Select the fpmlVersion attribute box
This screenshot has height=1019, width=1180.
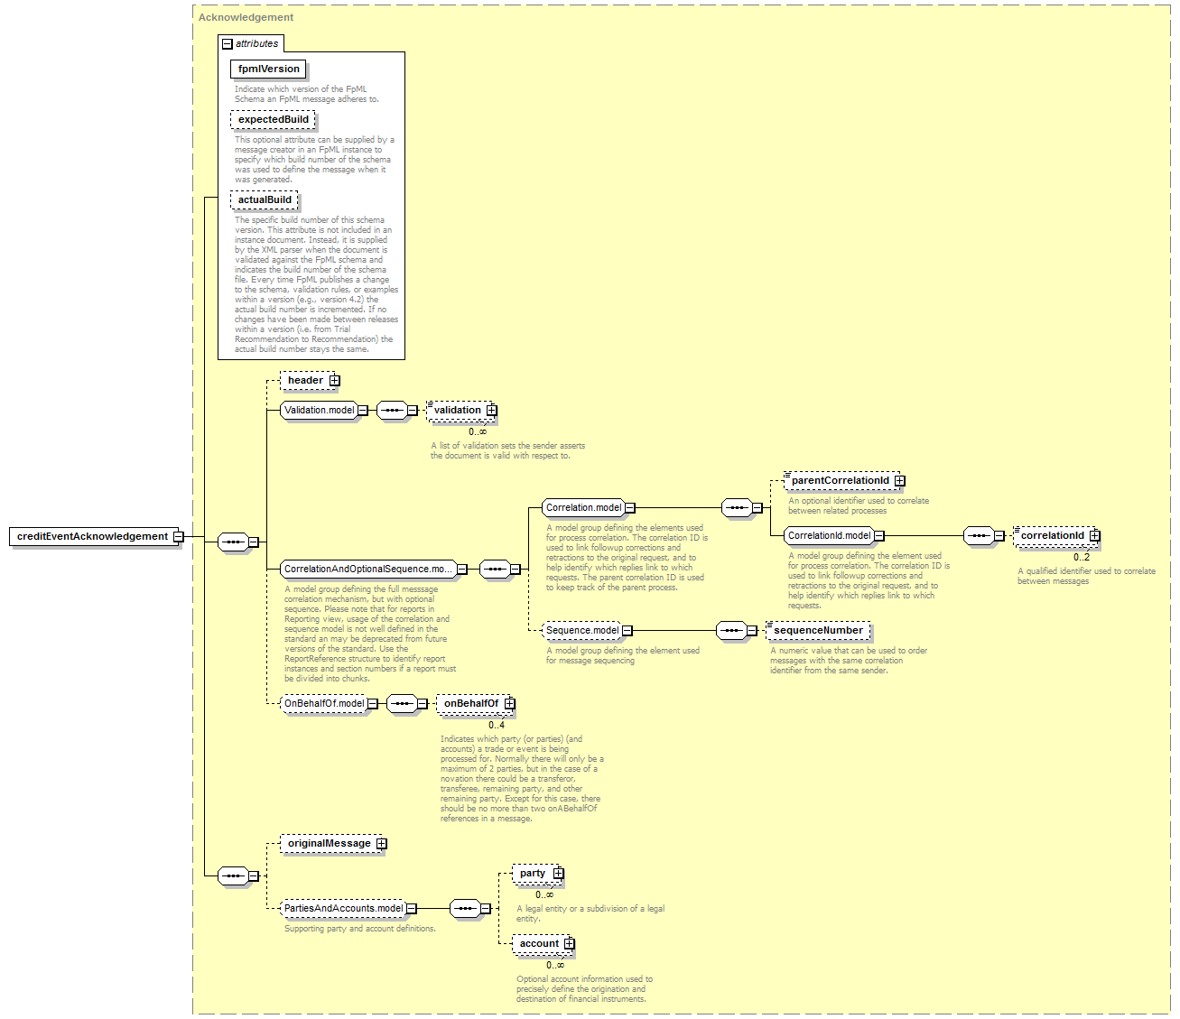point(268,69)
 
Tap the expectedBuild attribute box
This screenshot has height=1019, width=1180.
point(273,120)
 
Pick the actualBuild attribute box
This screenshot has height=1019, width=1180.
point(265,199)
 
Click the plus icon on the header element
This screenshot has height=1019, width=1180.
point(335,381)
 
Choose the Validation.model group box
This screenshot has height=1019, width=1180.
point(319,411)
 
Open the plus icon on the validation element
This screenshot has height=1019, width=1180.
point(491,411)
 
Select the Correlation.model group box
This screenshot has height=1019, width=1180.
point(583,507)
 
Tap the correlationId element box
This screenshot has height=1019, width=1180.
point(1055,535)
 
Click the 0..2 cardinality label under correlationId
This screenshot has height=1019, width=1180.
point(1082,557)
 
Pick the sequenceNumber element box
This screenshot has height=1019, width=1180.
point(818,630)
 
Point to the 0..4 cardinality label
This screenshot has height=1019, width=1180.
point(496,725)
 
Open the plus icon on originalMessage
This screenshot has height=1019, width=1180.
point(381,844)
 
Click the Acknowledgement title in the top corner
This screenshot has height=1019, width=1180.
point(246,17)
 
